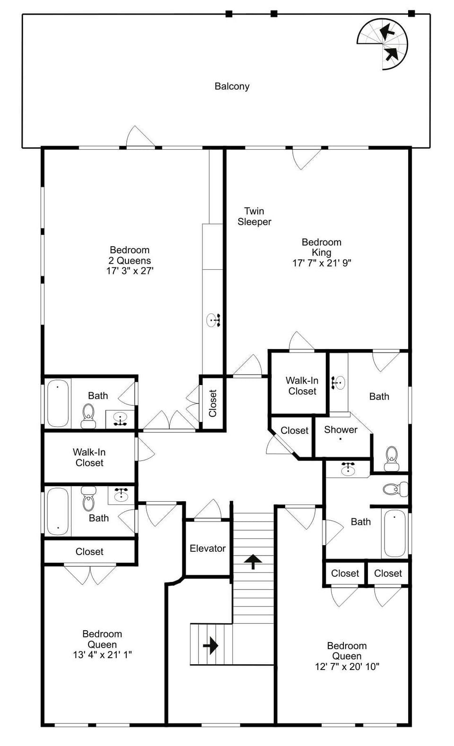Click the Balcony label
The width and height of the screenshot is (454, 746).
[x=232, y=86]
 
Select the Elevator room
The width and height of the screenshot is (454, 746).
[x=208, y=549]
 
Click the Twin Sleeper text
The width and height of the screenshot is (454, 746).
[x=254, y=216]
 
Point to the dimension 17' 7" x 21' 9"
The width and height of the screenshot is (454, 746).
[x=322, y=263]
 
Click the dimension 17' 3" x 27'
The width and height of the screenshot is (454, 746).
[x=130, y=271]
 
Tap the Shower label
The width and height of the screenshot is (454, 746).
[x=340, y=430]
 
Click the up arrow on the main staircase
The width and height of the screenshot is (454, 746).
[x=253, y=562]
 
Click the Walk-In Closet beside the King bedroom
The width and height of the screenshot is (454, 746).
[x=302, y=386]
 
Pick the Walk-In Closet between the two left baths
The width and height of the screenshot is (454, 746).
[x=89, y=457]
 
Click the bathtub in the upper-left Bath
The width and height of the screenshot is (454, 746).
[x=58, y=403]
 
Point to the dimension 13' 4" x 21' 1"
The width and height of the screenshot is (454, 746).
[x=102, y=655]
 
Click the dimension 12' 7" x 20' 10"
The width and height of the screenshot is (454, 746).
[x=347, y=667]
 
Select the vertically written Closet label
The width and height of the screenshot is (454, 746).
[x=212, y=403]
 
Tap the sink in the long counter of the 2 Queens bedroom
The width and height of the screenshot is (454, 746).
[x=214, y=320]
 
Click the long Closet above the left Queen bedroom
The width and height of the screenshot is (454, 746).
[x=89, y=551]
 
